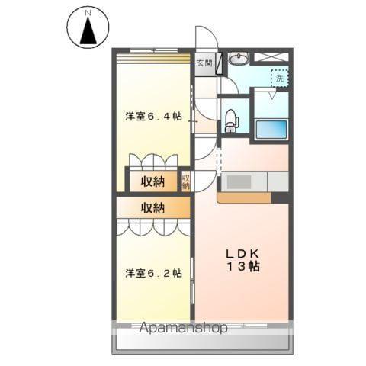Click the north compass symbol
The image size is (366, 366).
tap(89, 27)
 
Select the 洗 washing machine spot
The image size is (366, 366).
tap(280, 77)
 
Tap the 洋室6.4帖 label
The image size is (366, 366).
tap(153, 116)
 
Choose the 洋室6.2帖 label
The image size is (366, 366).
tap(153, 273)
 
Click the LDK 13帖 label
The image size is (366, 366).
tap(242, 260)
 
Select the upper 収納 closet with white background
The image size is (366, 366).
tap(152, 181)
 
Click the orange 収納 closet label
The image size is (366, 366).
tap(152, 207)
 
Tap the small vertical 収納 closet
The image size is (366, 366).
tap(185, 181)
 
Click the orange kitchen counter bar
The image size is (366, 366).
tap(244, 198)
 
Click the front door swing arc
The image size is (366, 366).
tap(204, 38)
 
